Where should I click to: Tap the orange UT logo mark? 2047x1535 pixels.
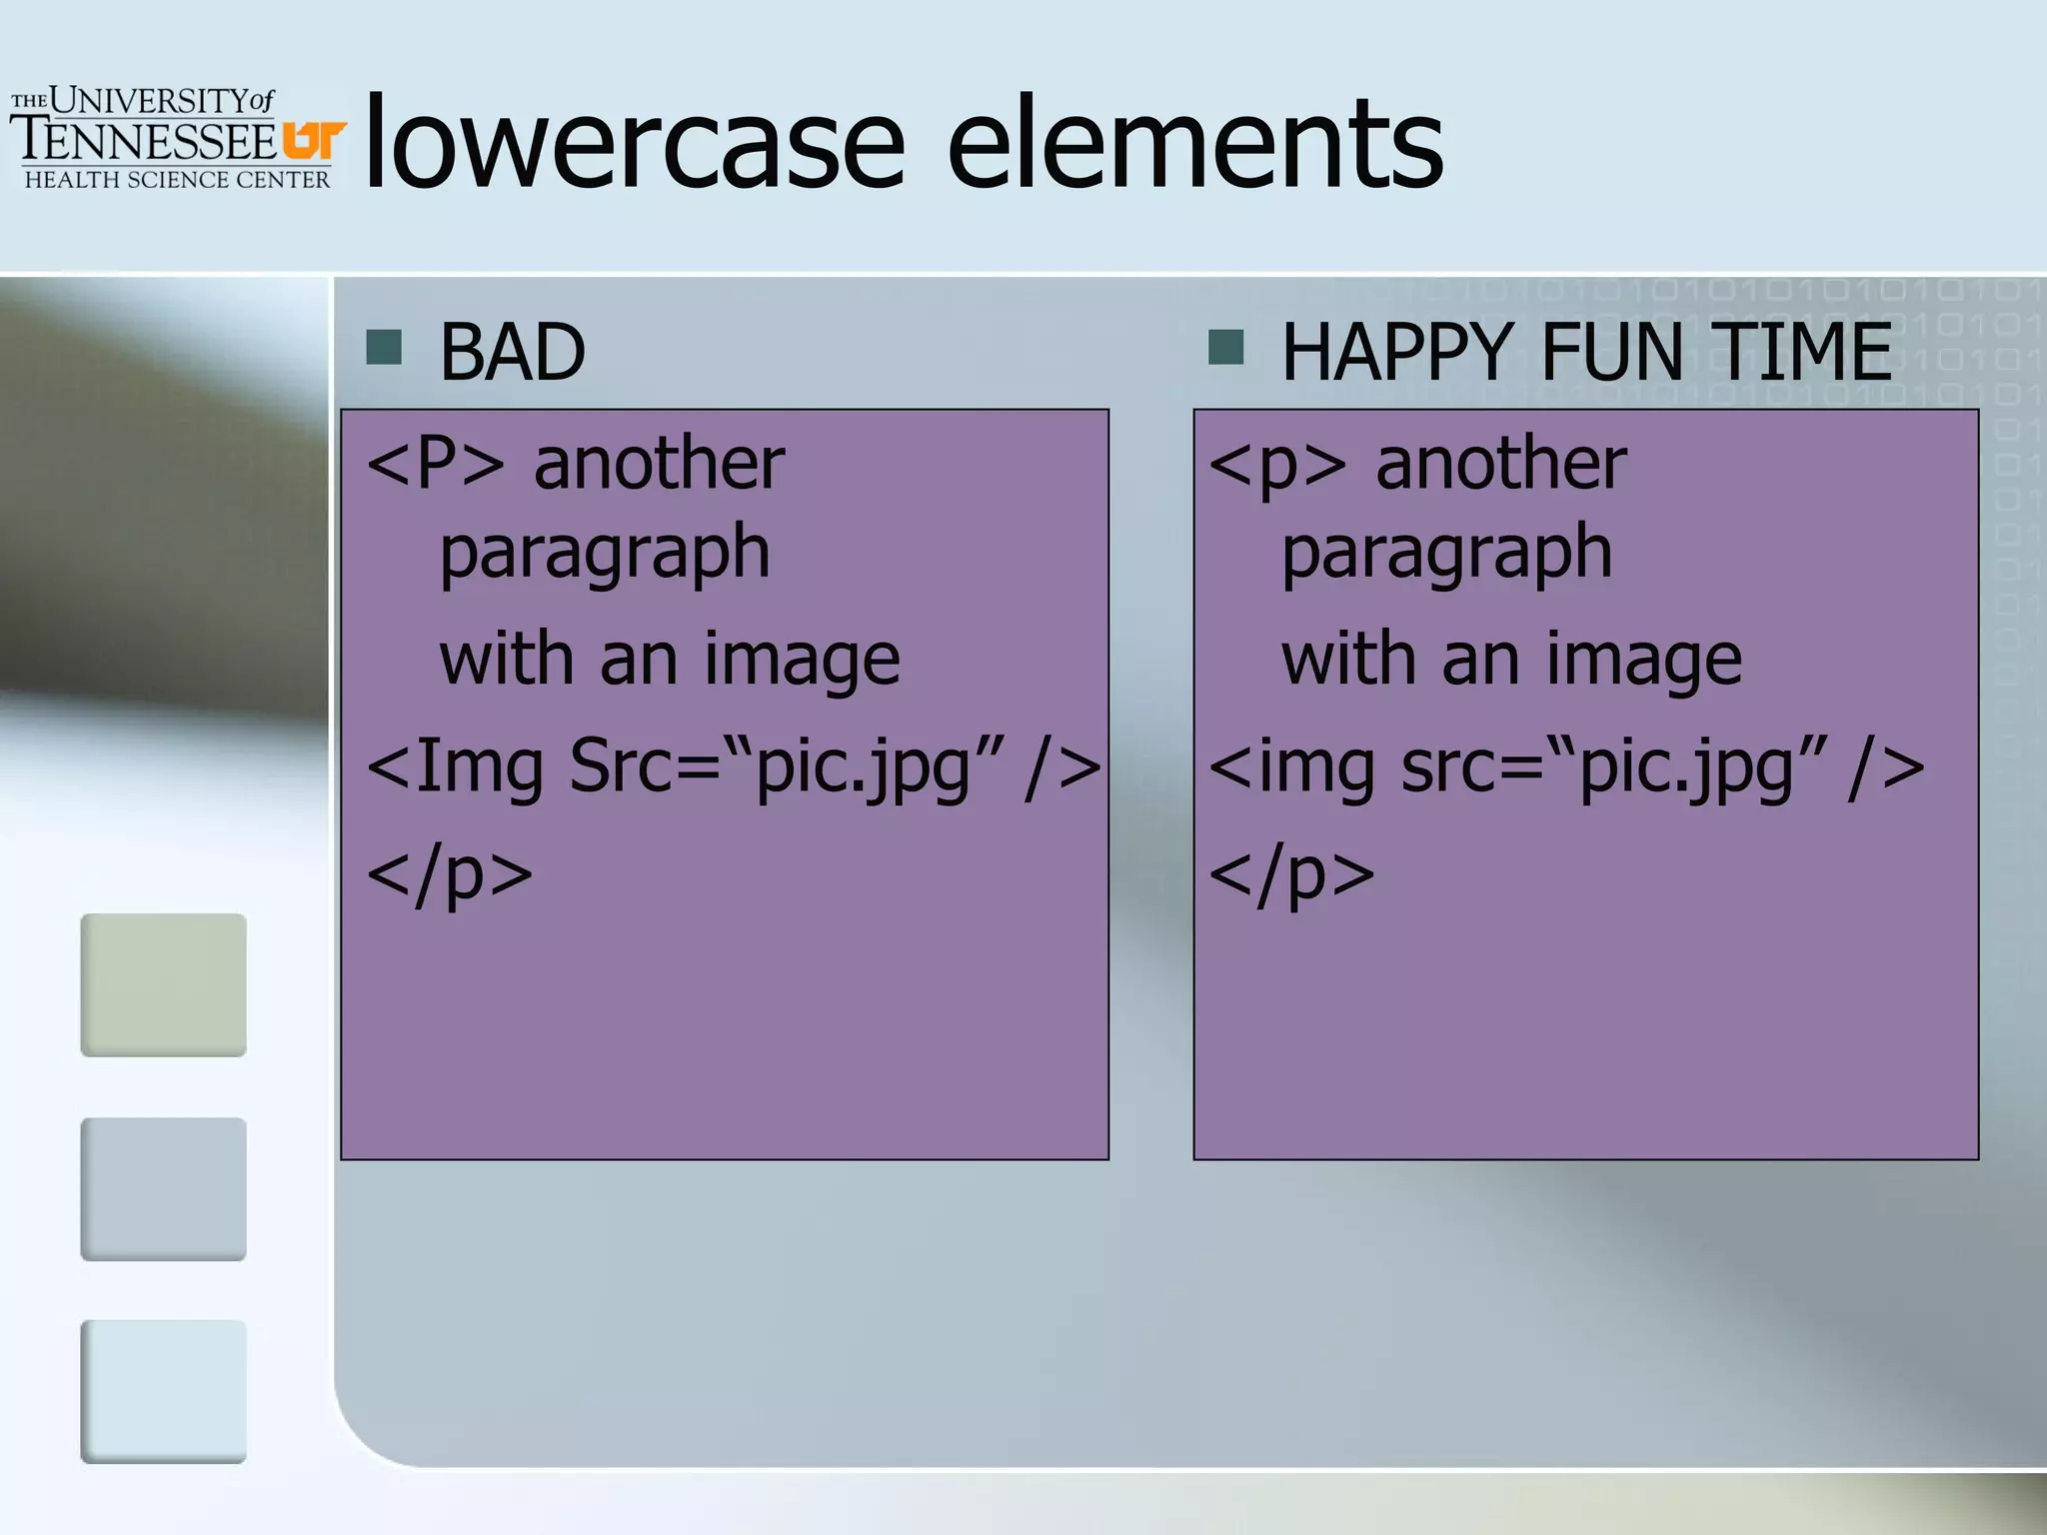click(x=313, y=140)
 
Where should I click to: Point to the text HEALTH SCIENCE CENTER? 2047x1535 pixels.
click(x=177, y=180)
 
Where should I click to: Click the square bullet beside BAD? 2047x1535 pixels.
click(x=384, y=348)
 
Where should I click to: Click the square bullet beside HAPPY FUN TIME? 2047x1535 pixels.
click(x=1225, y=348)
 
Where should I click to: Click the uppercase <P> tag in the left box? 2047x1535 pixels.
click(x=436, y=465)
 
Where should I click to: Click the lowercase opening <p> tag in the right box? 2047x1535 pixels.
click(x=1277, y=467)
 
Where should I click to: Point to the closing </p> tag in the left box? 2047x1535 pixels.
click(x=450, y=874)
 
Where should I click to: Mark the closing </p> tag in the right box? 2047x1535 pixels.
click(x=1291, y=874)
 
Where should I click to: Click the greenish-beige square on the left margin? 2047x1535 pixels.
click(x=163, y=984)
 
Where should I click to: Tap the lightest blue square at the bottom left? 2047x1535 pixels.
click(x=163, y=1391)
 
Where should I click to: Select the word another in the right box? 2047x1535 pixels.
click(x=1501, y=465)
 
